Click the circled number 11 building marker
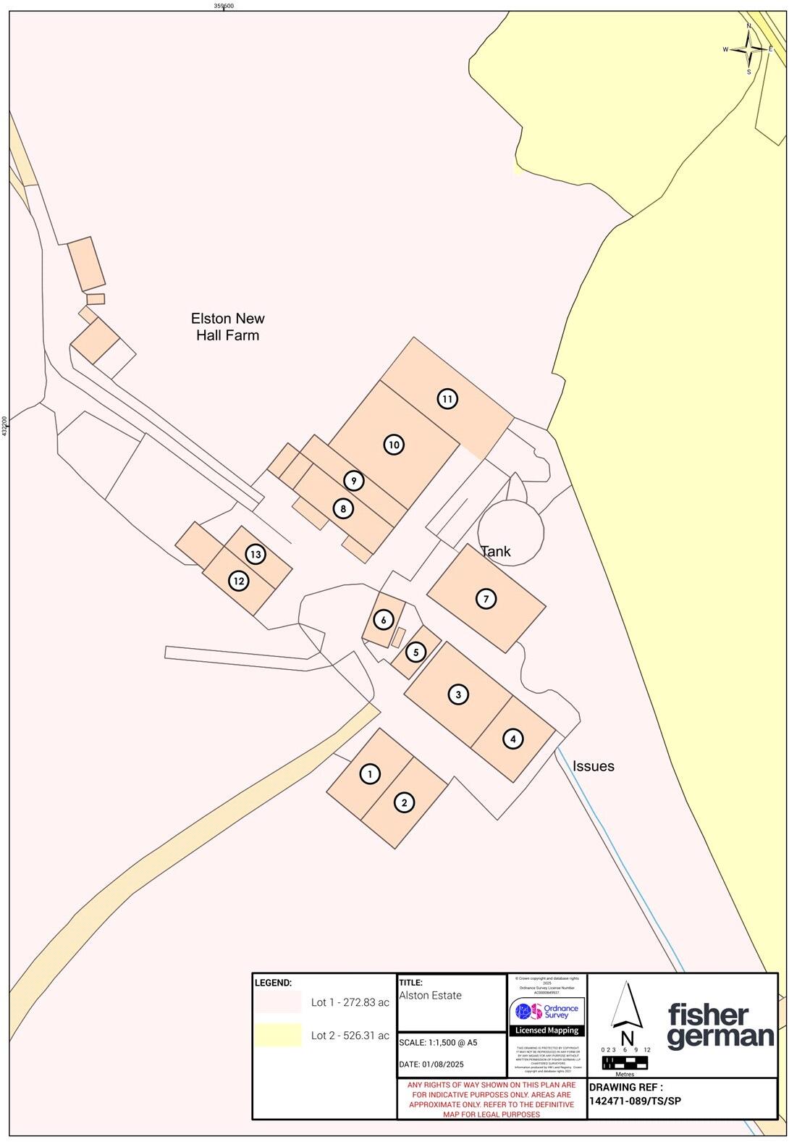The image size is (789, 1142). pyautogui.click(x=447, y=399)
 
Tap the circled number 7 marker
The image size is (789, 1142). pyautogui.click(x=486, y=599)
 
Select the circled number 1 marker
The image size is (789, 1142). pyautogui.click(x=370, y=774)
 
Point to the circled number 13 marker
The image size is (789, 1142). pyautogui.click(x=255, y=555)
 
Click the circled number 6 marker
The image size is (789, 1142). pyautogui.click(x=383, y=620)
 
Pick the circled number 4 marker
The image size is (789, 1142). pyautogui.click(x=512, y=739)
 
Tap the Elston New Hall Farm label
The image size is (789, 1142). pyautogui.click(x=227, y=327)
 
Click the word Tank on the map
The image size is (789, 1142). pyautogui.click(x=496, y=551)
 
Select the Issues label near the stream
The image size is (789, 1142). pyautogui.click(x=593, y=765)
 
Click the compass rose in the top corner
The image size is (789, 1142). pyautogui.click(x=749, y=49)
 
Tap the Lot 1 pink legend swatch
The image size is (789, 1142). pyautogui.click(x=277, y=1002)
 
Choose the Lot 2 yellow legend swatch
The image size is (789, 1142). pyautogui.click(x=277, y=1035)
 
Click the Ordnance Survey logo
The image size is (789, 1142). pyautogui.click(x=547, y=1012)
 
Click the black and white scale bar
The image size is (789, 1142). pyautogui.click(x=625, y=1062)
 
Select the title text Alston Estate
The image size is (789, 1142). pyautogui.click(x=430, y=996)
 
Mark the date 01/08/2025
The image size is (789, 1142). pyautogui.click(x=431, y=1064)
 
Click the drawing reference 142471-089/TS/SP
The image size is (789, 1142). pyautogui.click(x=635, y=1101)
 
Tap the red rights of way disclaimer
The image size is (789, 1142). pyautogui.click(x=491, y=1099)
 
